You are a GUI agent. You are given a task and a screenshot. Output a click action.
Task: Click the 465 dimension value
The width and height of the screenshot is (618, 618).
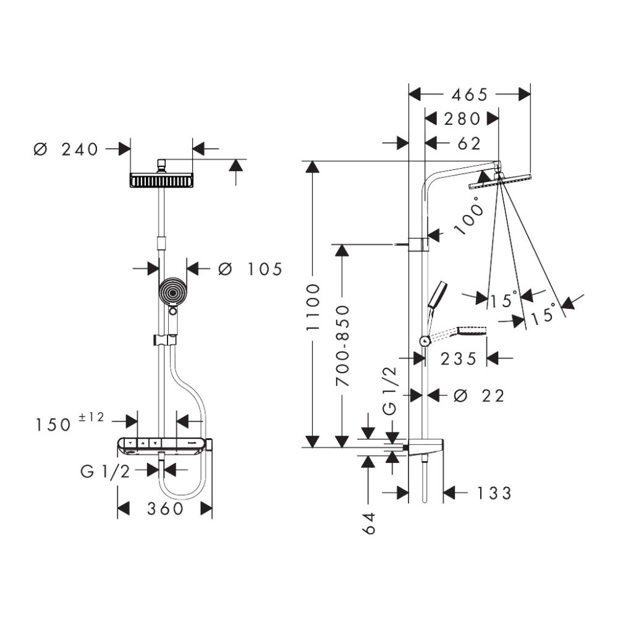tap(470, 95)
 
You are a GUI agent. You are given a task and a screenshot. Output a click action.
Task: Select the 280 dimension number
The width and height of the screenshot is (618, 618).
tap(462, 118)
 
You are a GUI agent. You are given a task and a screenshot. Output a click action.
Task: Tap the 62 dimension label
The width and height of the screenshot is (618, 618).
tap(470, 143)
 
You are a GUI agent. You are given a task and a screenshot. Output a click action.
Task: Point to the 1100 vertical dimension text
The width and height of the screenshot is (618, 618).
tap(313, 307)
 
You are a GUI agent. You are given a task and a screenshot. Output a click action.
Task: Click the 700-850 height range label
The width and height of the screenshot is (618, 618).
tap(341, 345)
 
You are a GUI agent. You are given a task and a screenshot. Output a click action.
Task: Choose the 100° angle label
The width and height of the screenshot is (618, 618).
tap(469, 216)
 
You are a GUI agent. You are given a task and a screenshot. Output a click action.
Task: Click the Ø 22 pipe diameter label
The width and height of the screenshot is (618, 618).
tap(479, 396)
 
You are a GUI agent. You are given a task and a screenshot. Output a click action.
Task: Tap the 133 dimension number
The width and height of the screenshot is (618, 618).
tap(494, 493)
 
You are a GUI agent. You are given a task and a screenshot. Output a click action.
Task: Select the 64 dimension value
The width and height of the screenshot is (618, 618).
tap(369, 523)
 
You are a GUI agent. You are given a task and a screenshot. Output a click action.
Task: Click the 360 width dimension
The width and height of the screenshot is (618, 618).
tap(166, 509)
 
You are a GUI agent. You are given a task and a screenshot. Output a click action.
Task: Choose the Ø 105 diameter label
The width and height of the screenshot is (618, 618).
tap(250, 269)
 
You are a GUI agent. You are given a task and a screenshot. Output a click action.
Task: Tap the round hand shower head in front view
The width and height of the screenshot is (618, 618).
tap(172, 292)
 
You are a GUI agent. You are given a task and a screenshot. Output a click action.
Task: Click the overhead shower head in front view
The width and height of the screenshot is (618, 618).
tap(162, 180)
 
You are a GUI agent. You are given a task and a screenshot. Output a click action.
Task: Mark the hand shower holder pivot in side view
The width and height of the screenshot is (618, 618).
tap(423, 341)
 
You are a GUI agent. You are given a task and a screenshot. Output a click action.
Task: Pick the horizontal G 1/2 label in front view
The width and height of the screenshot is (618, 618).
tap(105, 472)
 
